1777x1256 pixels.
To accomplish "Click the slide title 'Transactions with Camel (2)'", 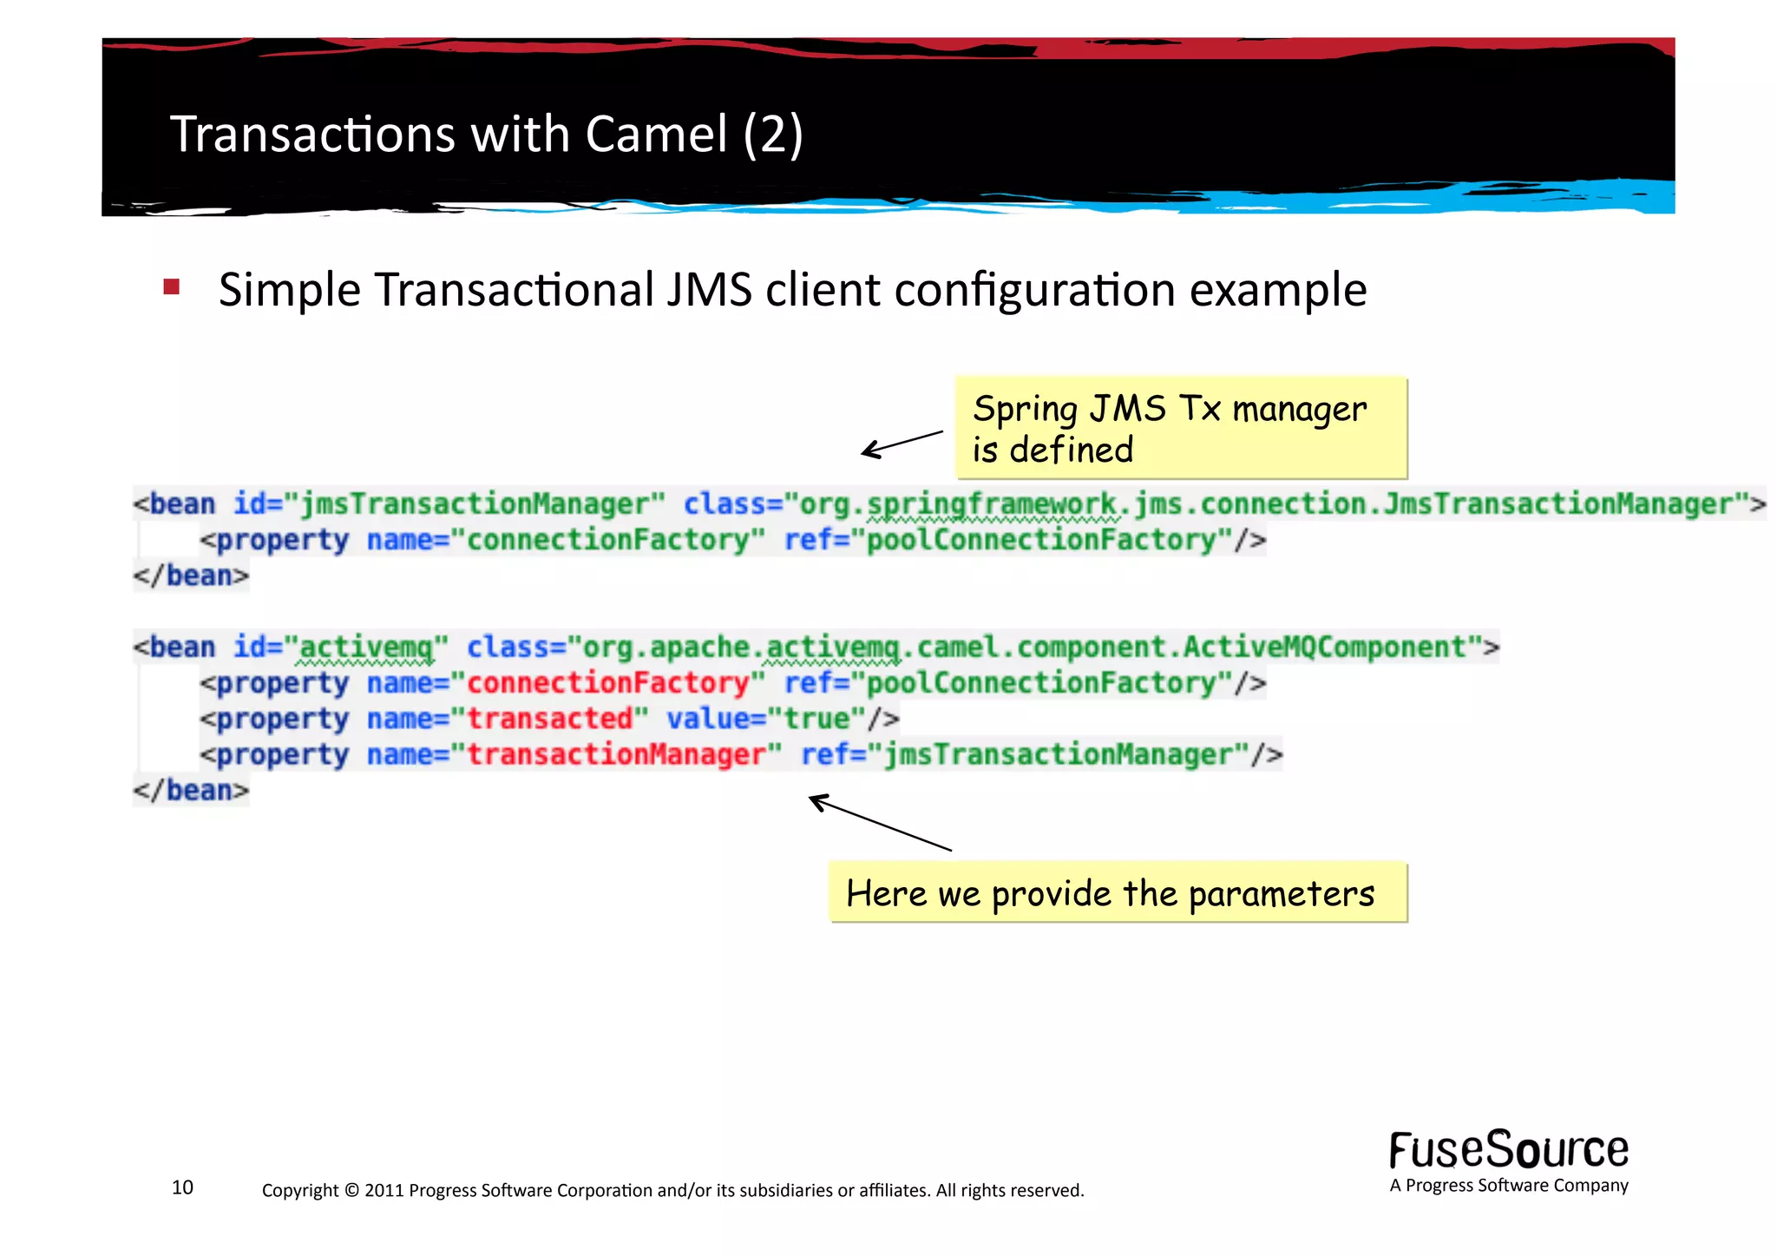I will [486, 135].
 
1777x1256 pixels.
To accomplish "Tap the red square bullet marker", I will [171, 286].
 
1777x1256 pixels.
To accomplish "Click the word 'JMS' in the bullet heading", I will [709, 290].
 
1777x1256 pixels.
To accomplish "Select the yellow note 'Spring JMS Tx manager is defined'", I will [1180, 428].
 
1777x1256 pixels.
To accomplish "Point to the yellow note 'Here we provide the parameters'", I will [1117, 892].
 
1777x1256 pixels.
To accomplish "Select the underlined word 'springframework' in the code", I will [992, 504].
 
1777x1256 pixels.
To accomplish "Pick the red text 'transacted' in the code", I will [550, 719].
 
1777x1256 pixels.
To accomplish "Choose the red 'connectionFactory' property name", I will [607, 683].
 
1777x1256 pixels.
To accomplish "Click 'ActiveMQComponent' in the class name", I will [1325, 648].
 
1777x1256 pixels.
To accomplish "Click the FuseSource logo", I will [1508, 1150].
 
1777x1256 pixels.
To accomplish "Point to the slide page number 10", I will [182, 1187].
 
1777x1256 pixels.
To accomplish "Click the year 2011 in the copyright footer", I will [384, 1190].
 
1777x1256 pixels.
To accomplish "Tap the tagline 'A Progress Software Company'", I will [1508, 1186].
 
